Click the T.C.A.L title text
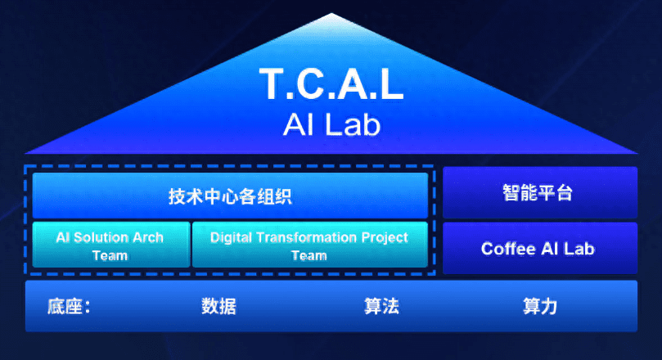331,83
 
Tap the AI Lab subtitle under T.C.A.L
332,125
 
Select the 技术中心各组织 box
230,196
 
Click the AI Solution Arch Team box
111,245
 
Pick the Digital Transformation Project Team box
310,245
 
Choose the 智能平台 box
540,192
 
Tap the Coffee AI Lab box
540,248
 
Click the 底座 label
65,306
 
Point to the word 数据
218,306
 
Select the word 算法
381,306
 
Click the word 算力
540,306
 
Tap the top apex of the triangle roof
331,14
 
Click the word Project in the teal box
385,238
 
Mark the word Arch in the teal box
148,237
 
